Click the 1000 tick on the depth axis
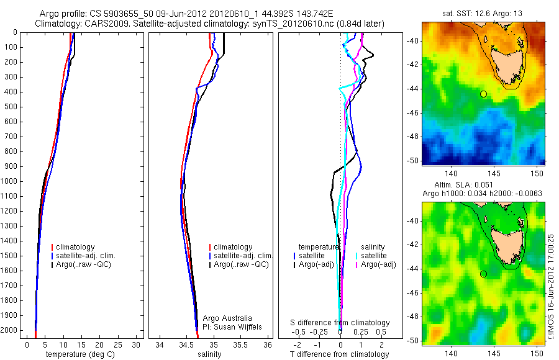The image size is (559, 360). pos(11,181)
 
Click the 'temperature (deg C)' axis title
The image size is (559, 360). pos(80,354)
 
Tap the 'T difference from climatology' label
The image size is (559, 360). pos(340,354)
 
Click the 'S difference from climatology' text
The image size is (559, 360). pos(340,323)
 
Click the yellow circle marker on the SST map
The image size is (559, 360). pos(483,94)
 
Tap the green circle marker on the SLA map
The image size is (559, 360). pos(483,274)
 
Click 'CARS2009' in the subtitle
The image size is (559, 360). pos(103,24)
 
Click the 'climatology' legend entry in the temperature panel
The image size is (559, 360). pos(77,247)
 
